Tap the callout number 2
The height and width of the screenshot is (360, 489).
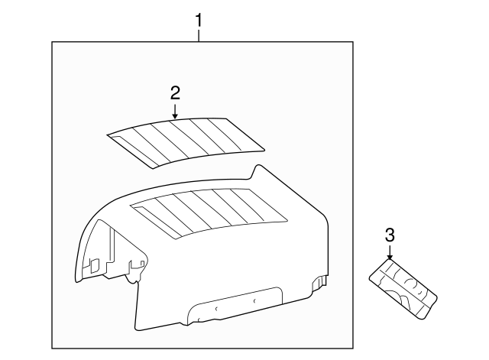click(175, 92)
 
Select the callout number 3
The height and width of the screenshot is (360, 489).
click(390, 235)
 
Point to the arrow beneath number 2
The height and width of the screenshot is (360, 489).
click(175, 112)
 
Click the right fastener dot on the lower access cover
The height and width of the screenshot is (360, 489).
click(254, 300)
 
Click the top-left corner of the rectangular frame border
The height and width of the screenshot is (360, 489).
click(52, 42)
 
